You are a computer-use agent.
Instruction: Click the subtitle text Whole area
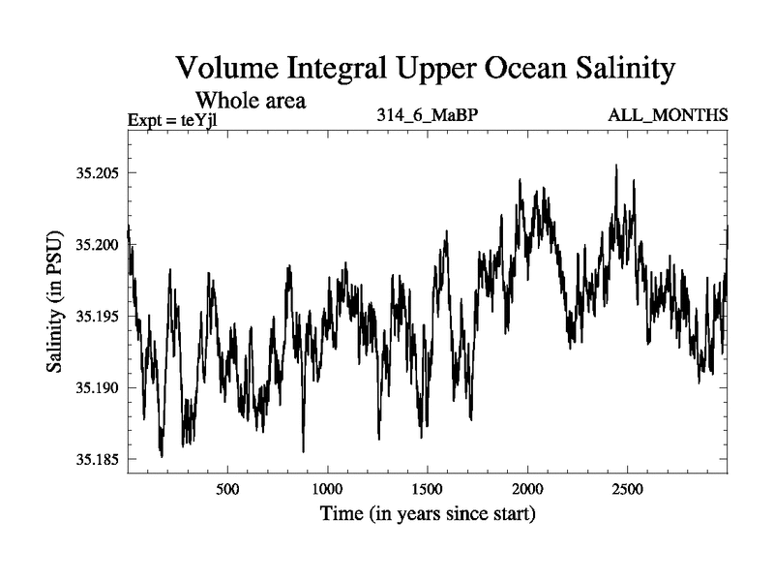click(x=252, y=100)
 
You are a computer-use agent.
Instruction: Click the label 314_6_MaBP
click(x=429, y=115)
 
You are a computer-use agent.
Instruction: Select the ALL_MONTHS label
click(x=668, y=115)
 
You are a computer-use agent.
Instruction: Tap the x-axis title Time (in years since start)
click(x=428, y=513)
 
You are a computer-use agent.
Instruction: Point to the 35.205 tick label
click(x=96, y=173)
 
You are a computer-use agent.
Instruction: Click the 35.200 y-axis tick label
click(x=96, y=245)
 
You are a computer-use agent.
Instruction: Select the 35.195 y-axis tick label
click(x=96, y=317)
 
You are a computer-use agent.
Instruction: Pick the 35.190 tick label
click(x=96, y=387)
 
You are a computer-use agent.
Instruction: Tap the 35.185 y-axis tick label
click(x=96, y=459)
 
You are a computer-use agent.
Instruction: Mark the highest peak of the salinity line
click(x=616, y=166)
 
